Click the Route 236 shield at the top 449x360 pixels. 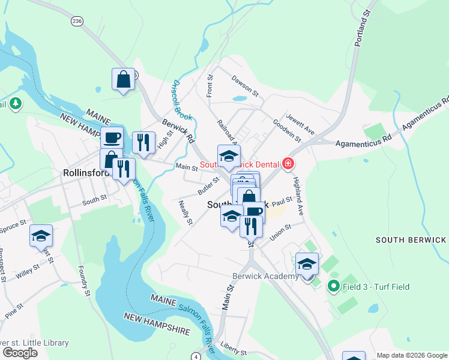(x=76, y=21)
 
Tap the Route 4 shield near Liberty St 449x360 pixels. (x=196, y=356)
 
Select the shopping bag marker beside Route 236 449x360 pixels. (x=123, y=79)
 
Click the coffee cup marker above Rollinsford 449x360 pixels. (x=112, y=138)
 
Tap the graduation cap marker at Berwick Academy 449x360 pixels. (x=307, y=264)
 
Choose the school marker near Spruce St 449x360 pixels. (x=41, y=236)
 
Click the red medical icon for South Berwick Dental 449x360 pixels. (x=289, y=164)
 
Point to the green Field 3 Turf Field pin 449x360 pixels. (x=333, y=287)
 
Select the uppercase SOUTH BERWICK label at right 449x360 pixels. (x=411, y=239)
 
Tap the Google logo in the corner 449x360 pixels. (x=20, y=353)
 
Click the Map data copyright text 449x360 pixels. (x=411, y=355)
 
